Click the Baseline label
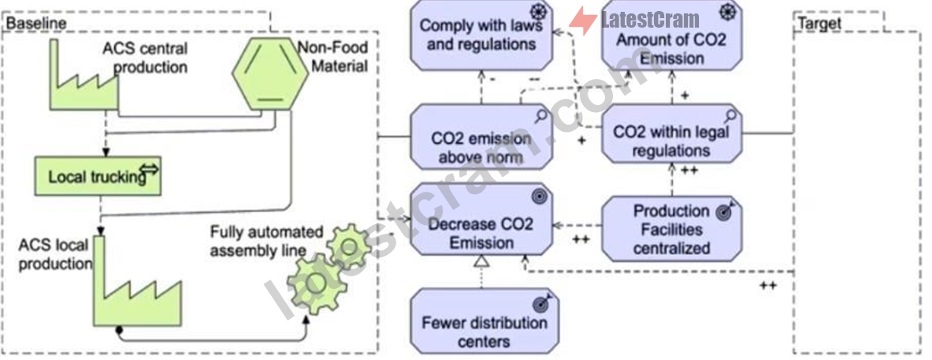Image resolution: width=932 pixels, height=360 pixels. click(x=36, y=23)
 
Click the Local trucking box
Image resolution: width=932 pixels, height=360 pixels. click(x=98, y=176)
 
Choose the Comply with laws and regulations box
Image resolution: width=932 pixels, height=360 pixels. click(x=482, y=35)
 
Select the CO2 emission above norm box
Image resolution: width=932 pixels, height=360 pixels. click(x=482, y=137)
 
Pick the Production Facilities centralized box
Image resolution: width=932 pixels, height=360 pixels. click(x=671, y=229)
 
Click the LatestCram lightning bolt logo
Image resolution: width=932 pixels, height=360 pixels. click(x=583, y=21)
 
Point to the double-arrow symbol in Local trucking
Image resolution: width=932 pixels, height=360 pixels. click(x=149, y=171)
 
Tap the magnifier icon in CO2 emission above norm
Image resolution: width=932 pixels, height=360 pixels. click(x=540, y=117)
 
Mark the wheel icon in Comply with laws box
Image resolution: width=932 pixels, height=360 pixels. click(x=538, y=12)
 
